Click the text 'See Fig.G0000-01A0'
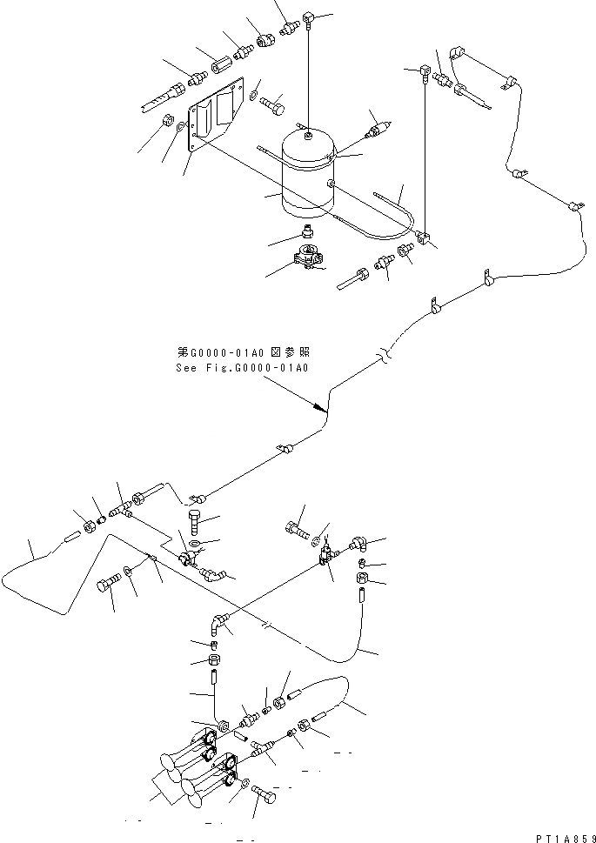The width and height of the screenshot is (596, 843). pyautogui.click(x=242, y=367)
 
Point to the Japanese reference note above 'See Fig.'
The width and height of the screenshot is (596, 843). pyautogui.click(x=243, y=353)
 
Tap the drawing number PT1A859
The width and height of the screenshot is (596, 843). pyautogui.click(x=561, y=835)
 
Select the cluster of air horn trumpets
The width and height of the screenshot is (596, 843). pyautogui.click(x=200, y=766)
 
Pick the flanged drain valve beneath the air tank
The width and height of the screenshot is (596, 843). pyautogui.click(x=308, y=258)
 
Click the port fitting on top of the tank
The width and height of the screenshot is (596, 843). pyautogui.click(x=309, y=133)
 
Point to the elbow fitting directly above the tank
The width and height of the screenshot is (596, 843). pyautogui.click(x=310, y=15)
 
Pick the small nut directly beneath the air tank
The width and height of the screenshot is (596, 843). pyautogui.click(x=307, y=231)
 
